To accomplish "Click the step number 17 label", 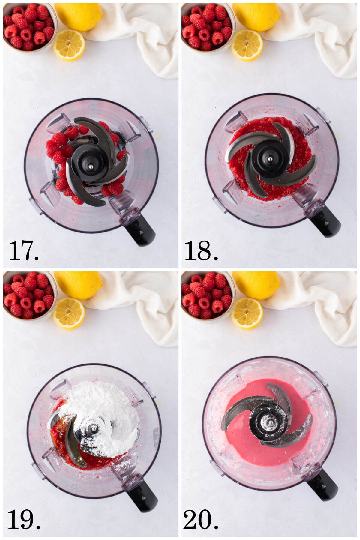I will pyautogui.click(x=24, y=250).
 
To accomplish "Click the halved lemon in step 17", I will pyautogui.click(x=69, y=45).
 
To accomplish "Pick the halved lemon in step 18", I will pyautogui.click(x=247, y=45).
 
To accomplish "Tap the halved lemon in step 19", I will pyautogui.click(x=69, y=313).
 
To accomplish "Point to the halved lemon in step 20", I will pyautogui.click(x=247, y=313).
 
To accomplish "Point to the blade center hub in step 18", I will pyautogui.click(x=270, y=159).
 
